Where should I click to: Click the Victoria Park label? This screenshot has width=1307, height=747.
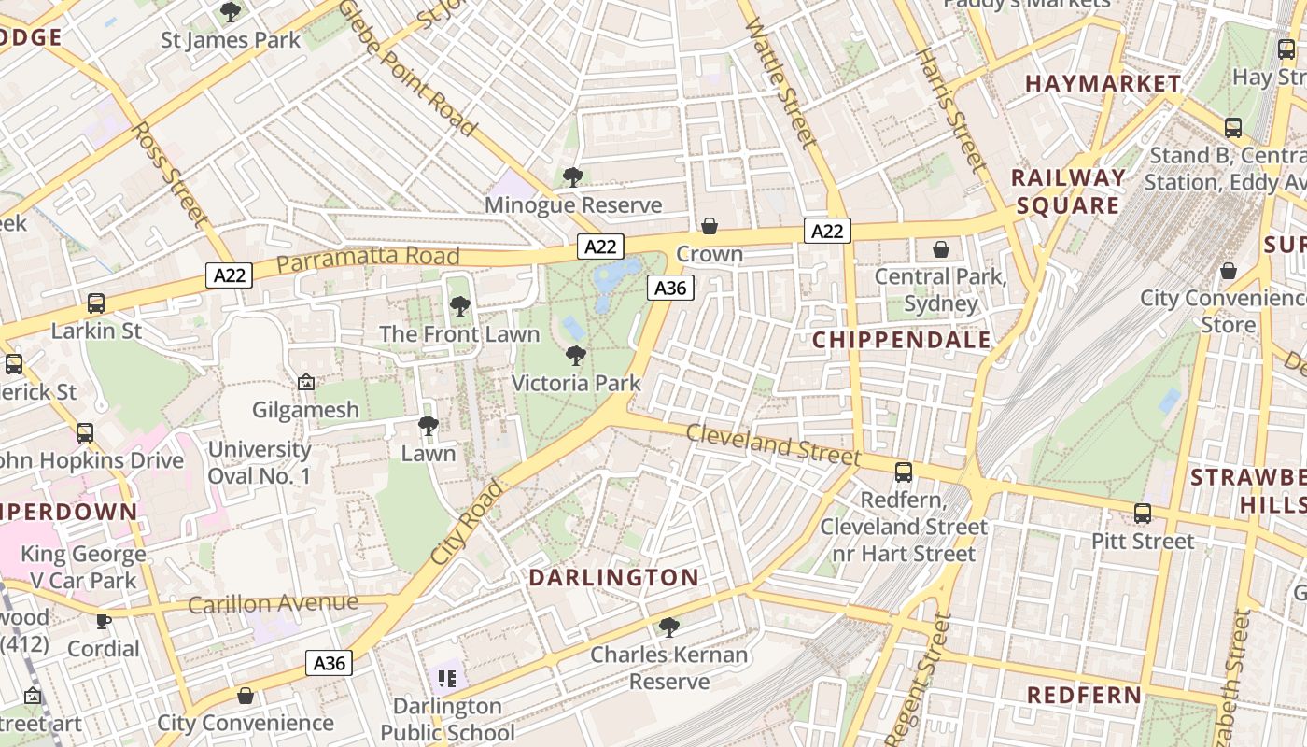click(576, 383)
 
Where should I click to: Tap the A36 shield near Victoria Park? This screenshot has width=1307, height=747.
click(670, 289)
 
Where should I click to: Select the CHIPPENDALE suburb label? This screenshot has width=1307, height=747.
click(901, 340)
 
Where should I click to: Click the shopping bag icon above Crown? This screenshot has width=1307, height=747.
click(710, 226)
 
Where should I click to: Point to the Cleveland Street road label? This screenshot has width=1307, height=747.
click(773, 444)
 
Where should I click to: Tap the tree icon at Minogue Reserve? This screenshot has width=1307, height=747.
click(573, 176)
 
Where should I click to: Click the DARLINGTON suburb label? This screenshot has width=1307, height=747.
click(613, 578)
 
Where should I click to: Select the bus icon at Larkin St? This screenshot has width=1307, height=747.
click(96, 303)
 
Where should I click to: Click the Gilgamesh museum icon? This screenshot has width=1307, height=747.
click(305, 382)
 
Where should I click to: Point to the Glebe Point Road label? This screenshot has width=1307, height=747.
click(407, 67)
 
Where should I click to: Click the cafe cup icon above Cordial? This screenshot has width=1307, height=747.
click(104, 621)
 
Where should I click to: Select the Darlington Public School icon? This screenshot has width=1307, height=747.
click(447, 677)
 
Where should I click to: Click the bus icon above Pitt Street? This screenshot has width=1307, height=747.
click(1143, 514)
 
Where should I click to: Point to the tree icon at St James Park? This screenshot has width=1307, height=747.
click(231, 12)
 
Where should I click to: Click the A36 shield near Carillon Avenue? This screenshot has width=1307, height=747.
click(330, 664)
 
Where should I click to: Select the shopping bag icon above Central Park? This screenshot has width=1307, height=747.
click(941, 249)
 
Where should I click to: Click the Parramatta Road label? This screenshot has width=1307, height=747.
click(368, 259)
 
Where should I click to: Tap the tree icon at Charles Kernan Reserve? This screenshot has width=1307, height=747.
click(668, 627)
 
